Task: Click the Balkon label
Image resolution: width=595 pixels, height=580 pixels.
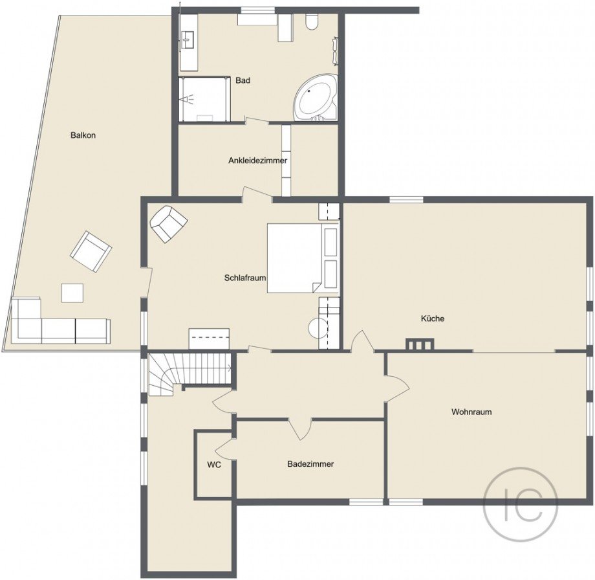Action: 83,135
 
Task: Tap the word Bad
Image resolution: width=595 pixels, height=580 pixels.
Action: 243,80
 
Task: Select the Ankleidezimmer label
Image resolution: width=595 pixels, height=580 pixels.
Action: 257,161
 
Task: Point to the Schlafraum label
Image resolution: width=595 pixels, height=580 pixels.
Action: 244,278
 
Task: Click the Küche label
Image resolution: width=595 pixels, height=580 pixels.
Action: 433,318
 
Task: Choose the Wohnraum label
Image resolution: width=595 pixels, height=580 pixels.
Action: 471,412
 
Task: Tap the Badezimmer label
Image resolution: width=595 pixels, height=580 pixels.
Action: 310,463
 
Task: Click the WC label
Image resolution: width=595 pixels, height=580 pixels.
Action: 214,465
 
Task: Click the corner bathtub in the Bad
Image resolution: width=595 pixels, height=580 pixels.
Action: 316,98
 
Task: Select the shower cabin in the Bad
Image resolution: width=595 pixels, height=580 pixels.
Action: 204,99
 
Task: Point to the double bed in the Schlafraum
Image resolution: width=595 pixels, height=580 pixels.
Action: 303,258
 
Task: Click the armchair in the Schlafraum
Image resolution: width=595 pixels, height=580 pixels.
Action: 169,224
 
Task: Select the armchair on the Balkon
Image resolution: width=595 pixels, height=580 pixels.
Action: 91,251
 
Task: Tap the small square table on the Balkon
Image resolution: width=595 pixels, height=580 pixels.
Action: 72,293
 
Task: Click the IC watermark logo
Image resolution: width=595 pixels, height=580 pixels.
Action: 521,504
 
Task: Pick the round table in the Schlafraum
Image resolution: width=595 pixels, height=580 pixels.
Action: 318,328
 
